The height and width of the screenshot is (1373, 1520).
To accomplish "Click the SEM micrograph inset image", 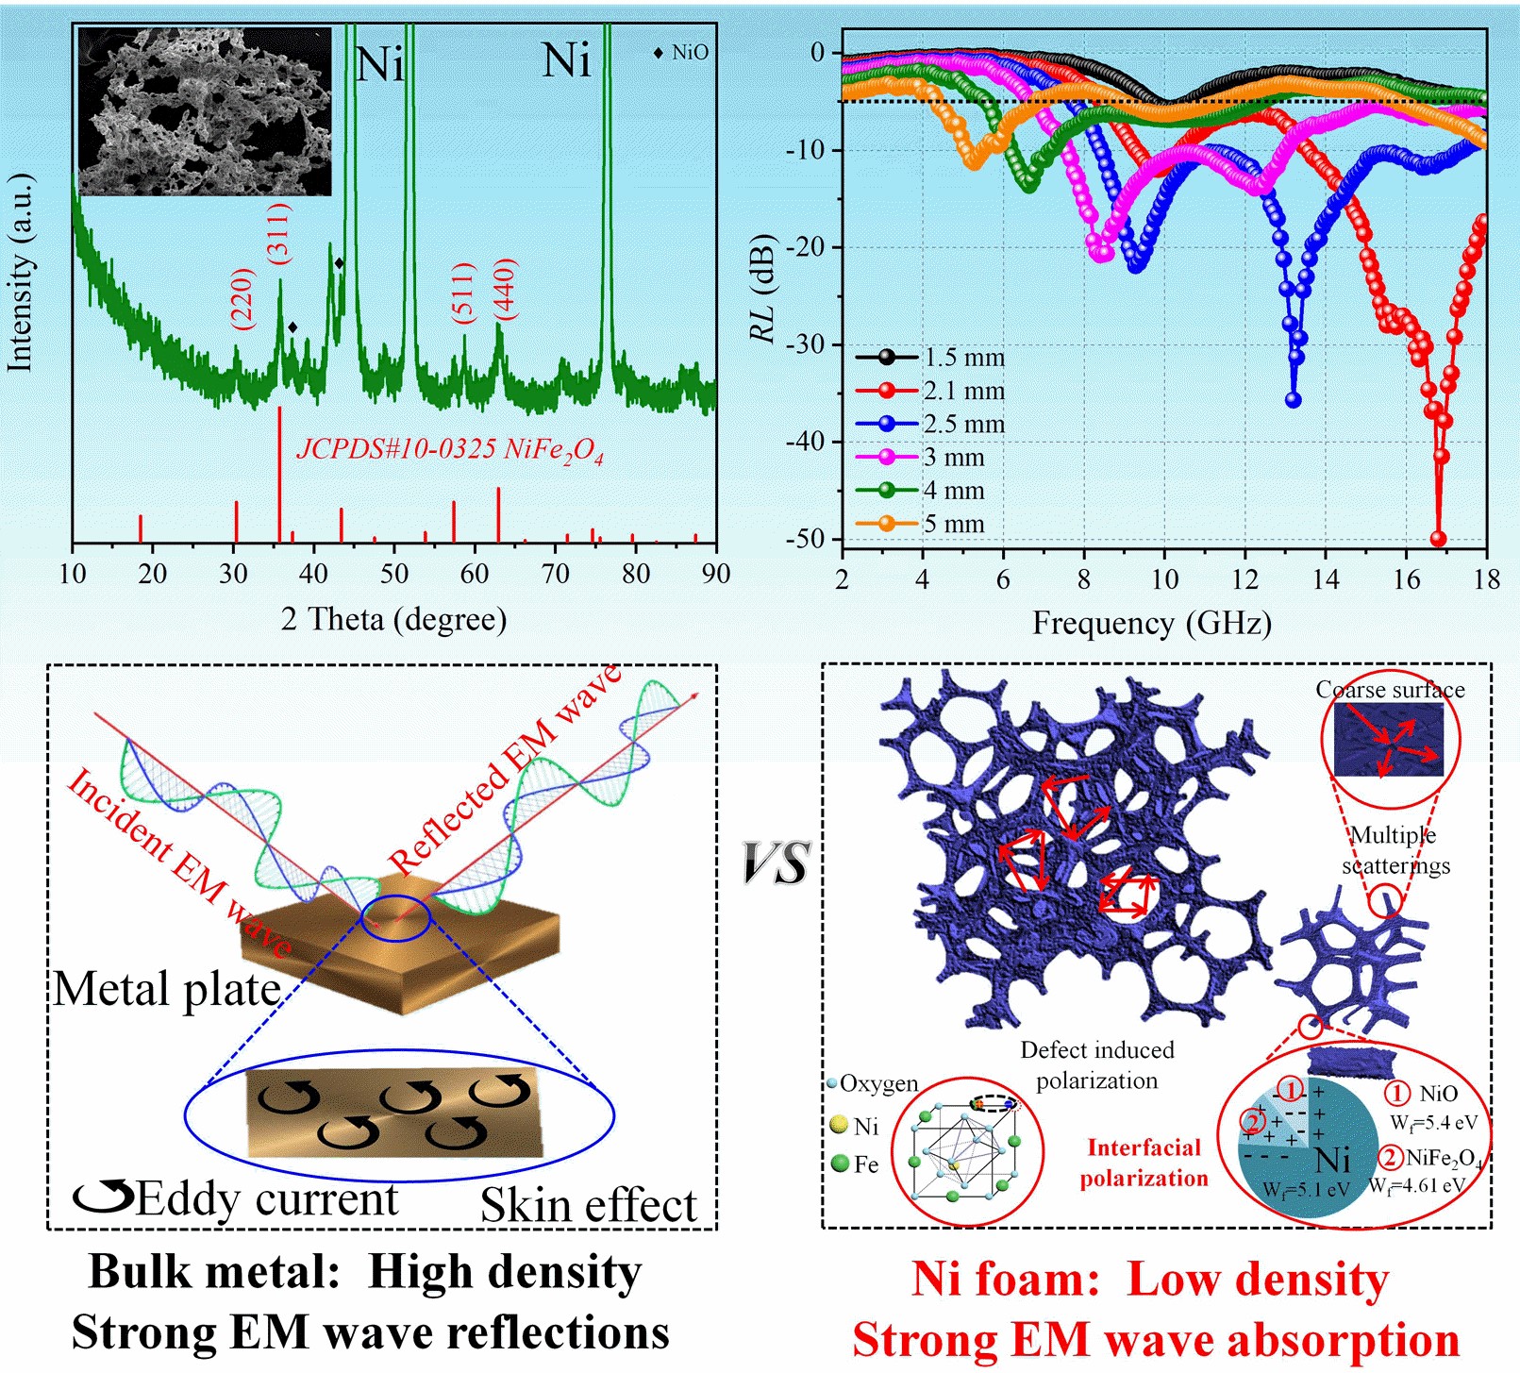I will pos(205,111).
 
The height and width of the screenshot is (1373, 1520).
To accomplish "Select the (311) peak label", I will pos(279,232).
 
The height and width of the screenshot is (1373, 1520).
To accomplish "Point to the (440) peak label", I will pos(506,289).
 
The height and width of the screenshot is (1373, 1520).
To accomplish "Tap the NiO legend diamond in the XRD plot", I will pos(659,53).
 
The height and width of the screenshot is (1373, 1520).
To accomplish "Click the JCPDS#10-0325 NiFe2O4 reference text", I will pos(450,450).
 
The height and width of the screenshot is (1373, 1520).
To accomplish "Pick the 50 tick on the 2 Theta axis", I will pos(394,574).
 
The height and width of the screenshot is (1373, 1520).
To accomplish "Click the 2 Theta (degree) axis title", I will pos(393,619).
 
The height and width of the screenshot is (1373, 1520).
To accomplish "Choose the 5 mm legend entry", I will pos(920,524).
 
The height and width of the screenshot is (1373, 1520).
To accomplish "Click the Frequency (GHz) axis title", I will pos(1151,623).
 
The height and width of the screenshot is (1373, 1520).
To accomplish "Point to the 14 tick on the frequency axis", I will pos(1326,578).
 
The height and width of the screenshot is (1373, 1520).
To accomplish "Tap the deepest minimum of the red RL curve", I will pos(1439,539).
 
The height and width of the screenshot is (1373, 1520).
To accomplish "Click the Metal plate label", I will pos(167,989).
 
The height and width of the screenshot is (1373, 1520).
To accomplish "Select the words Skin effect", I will pos(588,1205).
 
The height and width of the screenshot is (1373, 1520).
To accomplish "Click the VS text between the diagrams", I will pos(776,863).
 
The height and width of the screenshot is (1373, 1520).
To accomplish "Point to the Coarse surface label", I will pos(1390,690).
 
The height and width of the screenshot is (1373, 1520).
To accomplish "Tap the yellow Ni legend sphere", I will pos(839,1125).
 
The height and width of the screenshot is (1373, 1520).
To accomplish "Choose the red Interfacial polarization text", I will pos(1144,1163).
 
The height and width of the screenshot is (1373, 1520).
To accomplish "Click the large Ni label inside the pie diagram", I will pos(1332,1160).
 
